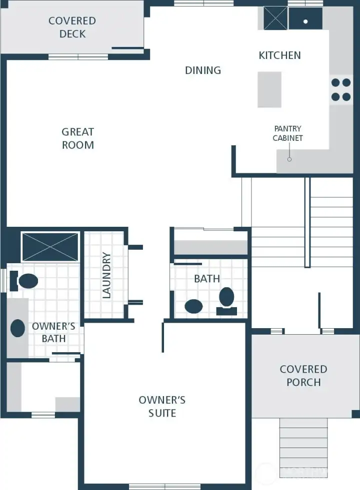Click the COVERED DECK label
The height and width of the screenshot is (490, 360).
(72, 27)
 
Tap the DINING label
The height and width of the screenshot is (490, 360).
(203, 70)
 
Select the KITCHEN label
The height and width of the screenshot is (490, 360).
(279, 55)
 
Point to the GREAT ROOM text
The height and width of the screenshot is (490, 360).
(77, 138)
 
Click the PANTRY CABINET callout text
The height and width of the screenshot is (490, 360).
(287, 133)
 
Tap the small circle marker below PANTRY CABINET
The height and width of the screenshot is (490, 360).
(289, 159)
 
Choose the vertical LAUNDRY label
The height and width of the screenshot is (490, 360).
(106, 276)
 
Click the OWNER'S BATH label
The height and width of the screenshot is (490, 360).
(53, 332)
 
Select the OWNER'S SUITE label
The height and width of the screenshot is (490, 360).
(162, 407)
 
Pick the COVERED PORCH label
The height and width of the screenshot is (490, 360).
(303, 376)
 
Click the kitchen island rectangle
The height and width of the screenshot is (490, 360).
(269, 89)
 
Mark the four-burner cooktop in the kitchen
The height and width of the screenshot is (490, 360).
(340, 90)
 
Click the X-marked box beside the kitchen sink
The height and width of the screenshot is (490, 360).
(273, 19)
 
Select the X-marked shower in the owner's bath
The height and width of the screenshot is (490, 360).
(50, 247)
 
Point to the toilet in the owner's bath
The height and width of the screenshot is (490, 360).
(24, 281)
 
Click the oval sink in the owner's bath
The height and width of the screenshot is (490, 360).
(18, 328)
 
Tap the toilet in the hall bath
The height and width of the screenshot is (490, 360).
(227, 300)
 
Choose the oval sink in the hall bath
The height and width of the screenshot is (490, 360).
(193, 306)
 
